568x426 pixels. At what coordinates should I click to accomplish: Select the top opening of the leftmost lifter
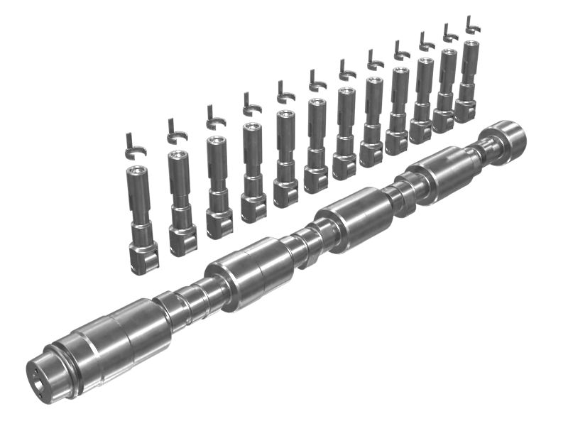tap(136, 170)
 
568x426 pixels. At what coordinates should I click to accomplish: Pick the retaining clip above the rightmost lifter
tap(471, 26)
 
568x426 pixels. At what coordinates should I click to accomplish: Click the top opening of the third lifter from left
tap(215, 140)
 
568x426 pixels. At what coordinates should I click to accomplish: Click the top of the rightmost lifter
tap(470, 44)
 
